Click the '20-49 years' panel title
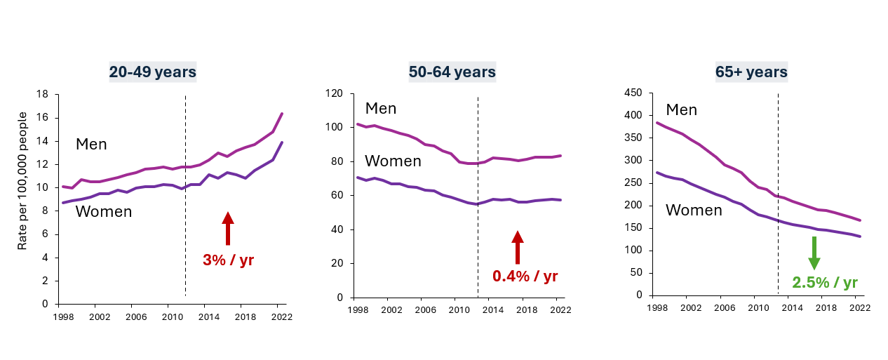point(152,72)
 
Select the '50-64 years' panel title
point(452,72)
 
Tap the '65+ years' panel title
point(751,72)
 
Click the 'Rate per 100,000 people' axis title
point(22,180)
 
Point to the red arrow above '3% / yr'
point(228,229)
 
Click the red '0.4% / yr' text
point(525,276)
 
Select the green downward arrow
point(814,253)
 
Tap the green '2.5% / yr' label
point(825,283)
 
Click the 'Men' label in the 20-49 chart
point(91,145)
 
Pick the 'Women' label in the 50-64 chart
point(393,161)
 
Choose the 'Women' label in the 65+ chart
point(694,210)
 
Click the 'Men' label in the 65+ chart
point(681,110)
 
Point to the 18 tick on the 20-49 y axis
point(42,94)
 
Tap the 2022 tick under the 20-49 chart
point(281,317)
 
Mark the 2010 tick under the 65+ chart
point(755,308)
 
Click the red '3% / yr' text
point(228,260)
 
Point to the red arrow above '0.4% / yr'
point(518,248)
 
